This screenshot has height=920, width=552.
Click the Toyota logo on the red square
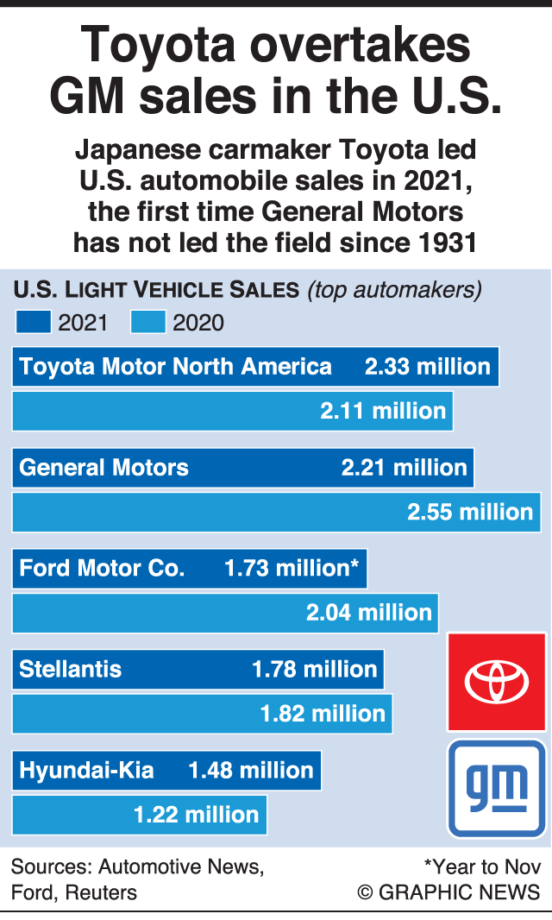coord(496,682)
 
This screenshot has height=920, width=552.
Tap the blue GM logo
coord(497,787)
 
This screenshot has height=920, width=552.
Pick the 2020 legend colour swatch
coord(148,323)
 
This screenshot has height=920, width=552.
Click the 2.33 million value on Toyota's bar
coord(427,367)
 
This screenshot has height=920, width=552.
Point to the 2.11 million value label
coord(383,411)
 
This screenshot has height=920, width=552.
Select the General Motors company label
coord(103,468)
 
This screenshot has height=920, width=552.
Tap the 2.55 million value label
coord(470,512)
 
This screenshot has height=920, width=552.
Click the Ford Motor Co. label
coord(102,568)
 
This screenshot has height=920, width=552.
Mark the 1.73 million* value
coord(292,568)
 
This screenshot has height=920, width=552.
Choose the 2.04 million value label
coord(369,612)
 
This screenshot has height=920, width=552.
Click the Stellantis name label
coord(71,669)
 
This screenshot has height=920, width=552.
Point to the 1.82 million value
coord(323,713)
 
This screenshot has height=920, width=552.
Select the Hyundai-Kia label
coord(86,770)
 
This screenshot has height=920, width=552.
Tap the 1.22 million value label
coord(196,814)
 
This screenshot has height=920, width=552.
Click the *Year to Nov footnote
coord(482,866)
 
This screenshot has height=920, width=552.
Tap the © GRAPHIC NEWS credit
coord(448,892)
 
